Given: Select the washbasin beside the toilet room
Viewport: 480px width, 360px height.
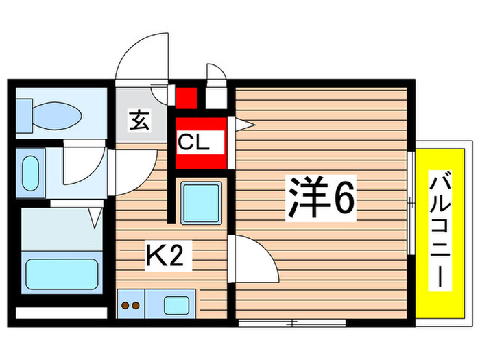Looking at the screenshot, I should pyautogui.click(x=30, y=174).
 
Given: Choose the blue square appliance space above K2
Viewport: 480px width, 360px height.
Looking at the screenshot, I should pyautogui.click(x=201, y=203).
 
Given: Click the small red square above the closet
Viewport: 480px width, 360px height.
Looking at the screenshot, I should pyautogui.click(x=186, y=97).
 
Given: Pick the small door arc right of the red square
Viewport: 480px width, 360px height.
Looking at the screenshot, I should pyautogui.click(x=215, y=75).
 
